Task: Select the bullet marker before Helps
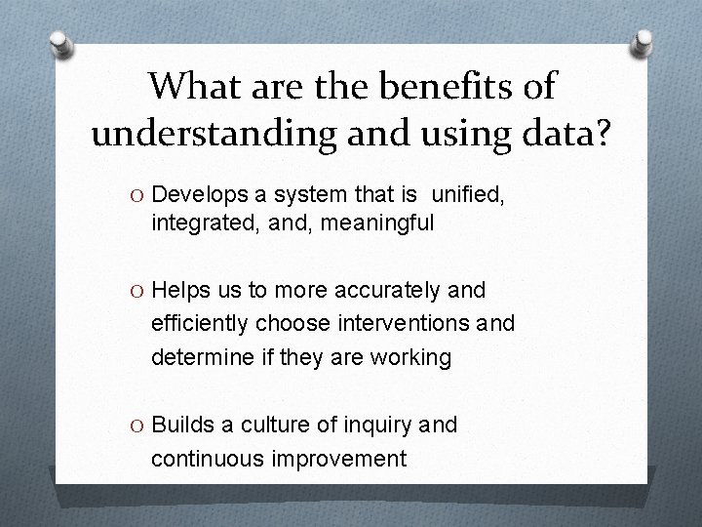click(x=137, y=291)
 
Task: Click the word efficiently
click(x=199, y=324)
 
